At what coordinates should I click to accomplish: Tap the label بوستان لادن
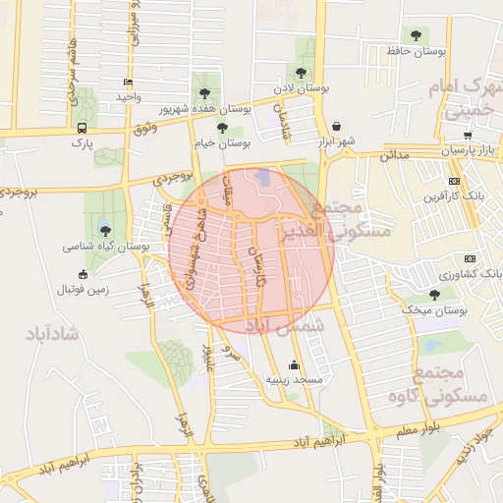(300, 88)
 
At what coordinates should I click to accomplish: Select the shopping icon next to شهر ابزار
(338, 127)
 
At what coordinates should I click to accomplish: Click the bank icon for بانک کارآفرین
(453, 181)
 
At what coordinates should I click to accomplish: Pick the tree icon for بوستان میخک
(434, 294)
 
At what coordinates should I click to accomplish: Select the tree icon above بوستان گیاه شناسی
(105, 231)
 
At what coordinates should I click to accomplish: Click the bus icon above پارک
(81, 128)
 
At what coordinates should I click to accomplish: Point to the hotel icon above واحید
(128, 83)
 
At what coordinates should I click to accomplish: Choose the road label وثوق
(142, 128)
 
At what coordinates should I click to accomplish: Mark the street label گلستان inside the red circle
(258, 265)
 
